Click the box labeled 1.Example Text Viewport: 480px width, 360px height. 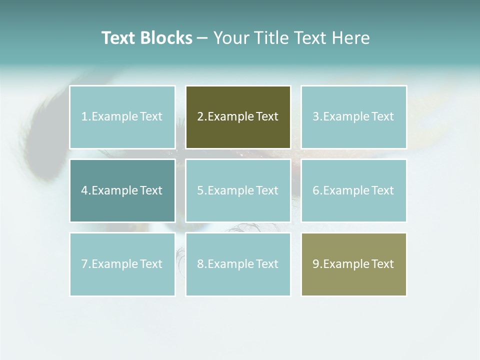[122, 117]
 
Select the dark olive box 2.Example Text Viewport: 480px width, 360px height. [238, 117]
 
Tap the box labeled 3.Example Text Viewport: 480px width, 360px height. [353, 117]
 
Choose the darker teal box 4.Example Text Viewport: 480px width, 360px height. [122, 190]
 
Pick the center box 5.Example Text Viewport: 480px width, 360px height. [238, 190]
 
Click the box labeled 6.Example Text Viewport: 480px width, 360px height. [353, 190]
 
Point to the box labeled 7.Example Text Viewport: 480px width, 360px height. [122, 264]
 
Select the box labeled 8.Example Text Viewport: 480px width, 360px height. [238, 264]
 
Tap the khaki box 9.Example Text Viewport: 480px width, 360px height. [353, 264]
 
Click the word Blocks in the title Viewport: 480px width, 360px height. [166, 38]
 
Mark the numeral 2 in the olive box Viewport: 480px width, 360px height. [200, 117]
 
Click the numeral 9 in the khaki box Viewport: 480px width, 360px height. [316, 264]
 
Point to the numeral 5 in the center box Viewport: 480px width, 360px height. [200, 190]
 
